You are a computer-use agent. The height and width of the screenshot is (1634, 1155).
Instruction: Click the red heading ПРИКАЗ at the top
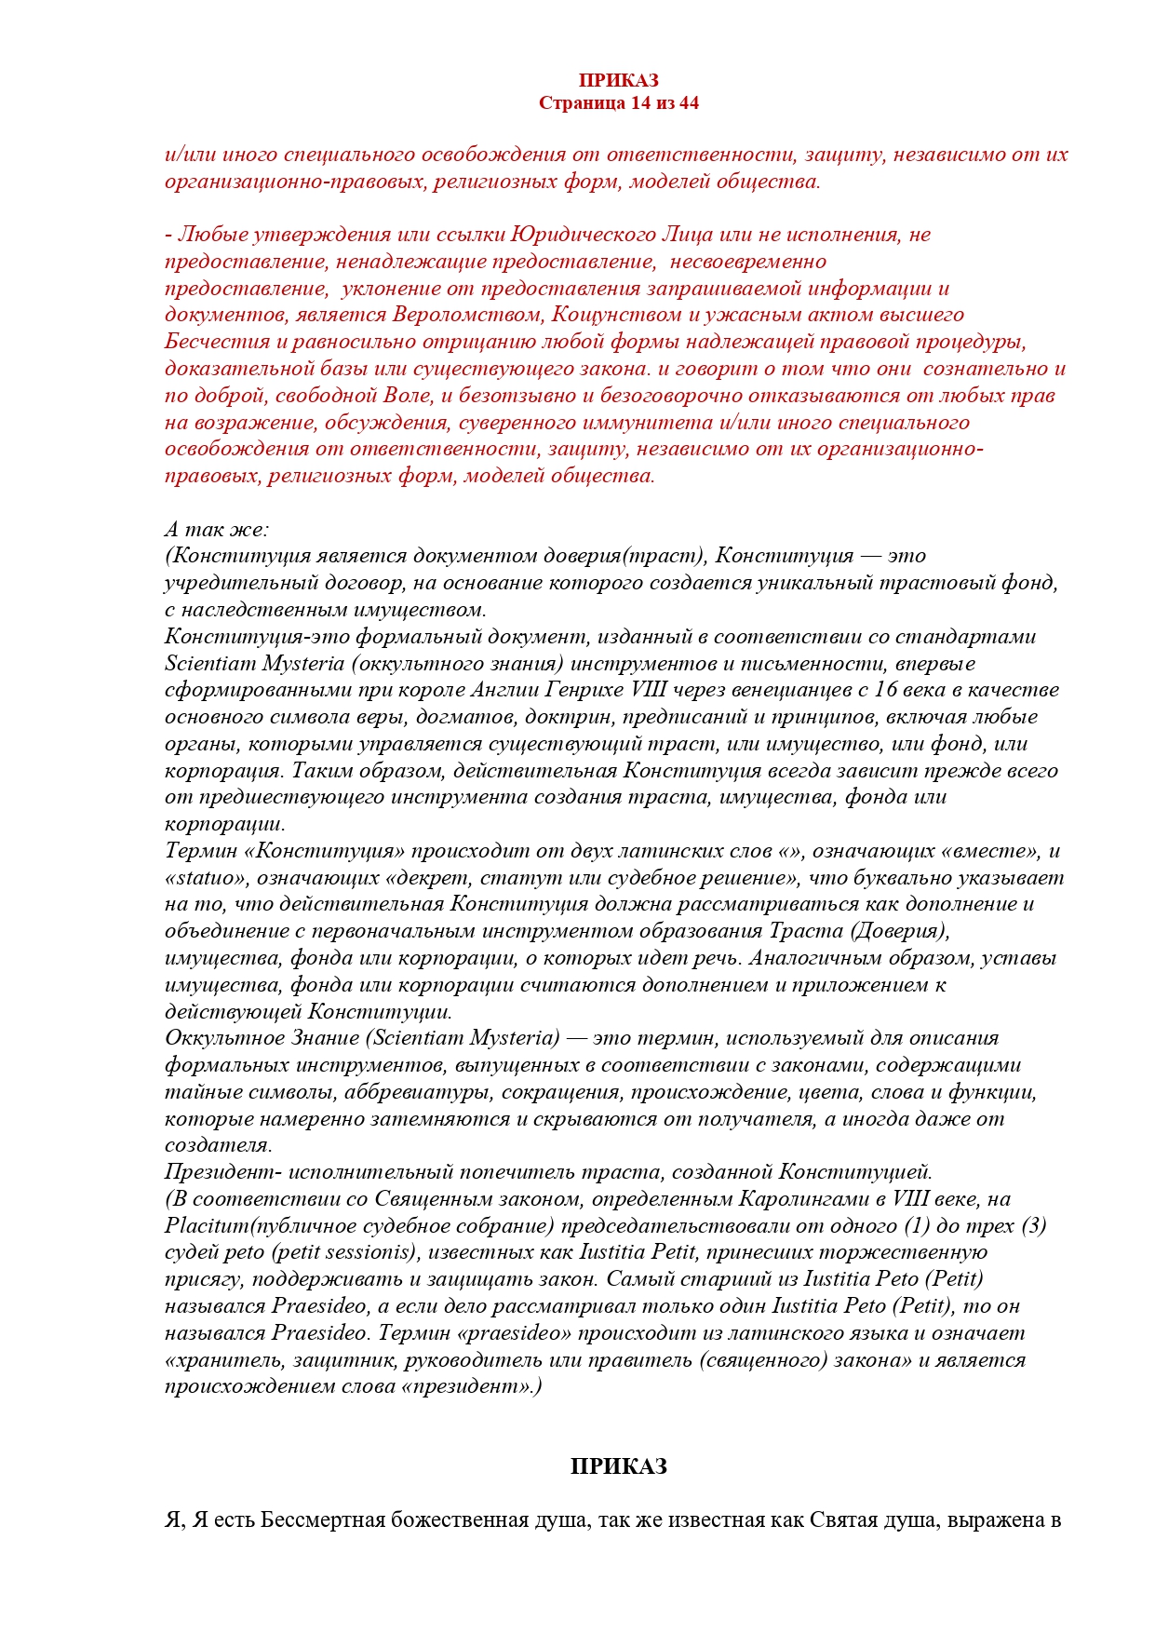618,81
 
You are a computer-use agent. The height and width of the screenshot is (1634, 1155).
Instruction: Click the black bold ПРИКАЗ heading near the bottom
618,1466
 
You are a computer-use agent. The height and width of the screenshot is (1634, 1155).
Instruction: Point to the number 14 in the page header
640,103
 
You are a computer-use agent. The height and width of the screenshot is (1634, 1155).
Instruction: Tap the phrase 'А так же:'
216,530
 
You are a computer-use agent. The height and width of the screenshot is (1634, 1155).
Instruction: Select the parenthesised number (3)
1033,1226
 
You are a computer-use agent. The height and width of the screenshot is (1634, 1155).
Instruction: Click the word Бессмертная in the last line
322,1520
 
